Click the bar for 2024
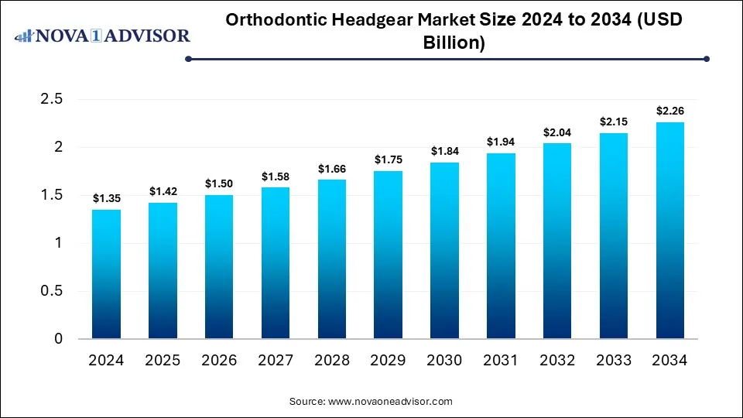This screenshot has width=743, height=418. tap(106, 274)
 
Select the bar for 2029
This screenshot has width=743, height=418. tap(388, 255)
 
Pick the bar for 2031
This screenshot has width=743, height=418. tap(501, 246)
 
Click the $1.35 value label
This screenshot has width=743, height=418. tap(106, 199)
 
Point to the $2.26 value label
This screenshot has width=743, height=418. tap(669, 111)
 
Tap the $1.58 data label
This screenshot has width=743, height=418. tap(276, 176)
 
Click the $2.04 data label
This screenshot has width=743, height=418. tap(557, 132)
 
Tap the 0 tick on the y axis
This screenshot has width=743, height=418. tap(58, 339)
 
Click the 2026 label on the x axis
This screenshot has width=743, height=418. tap(219, 361)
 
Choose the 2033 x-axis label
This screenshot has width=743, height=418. tap(613, 361)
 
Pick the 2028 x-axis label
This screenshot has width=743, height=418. tap(331, 361)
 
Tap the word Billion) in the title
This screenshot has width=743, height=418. tap(454, 43)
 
